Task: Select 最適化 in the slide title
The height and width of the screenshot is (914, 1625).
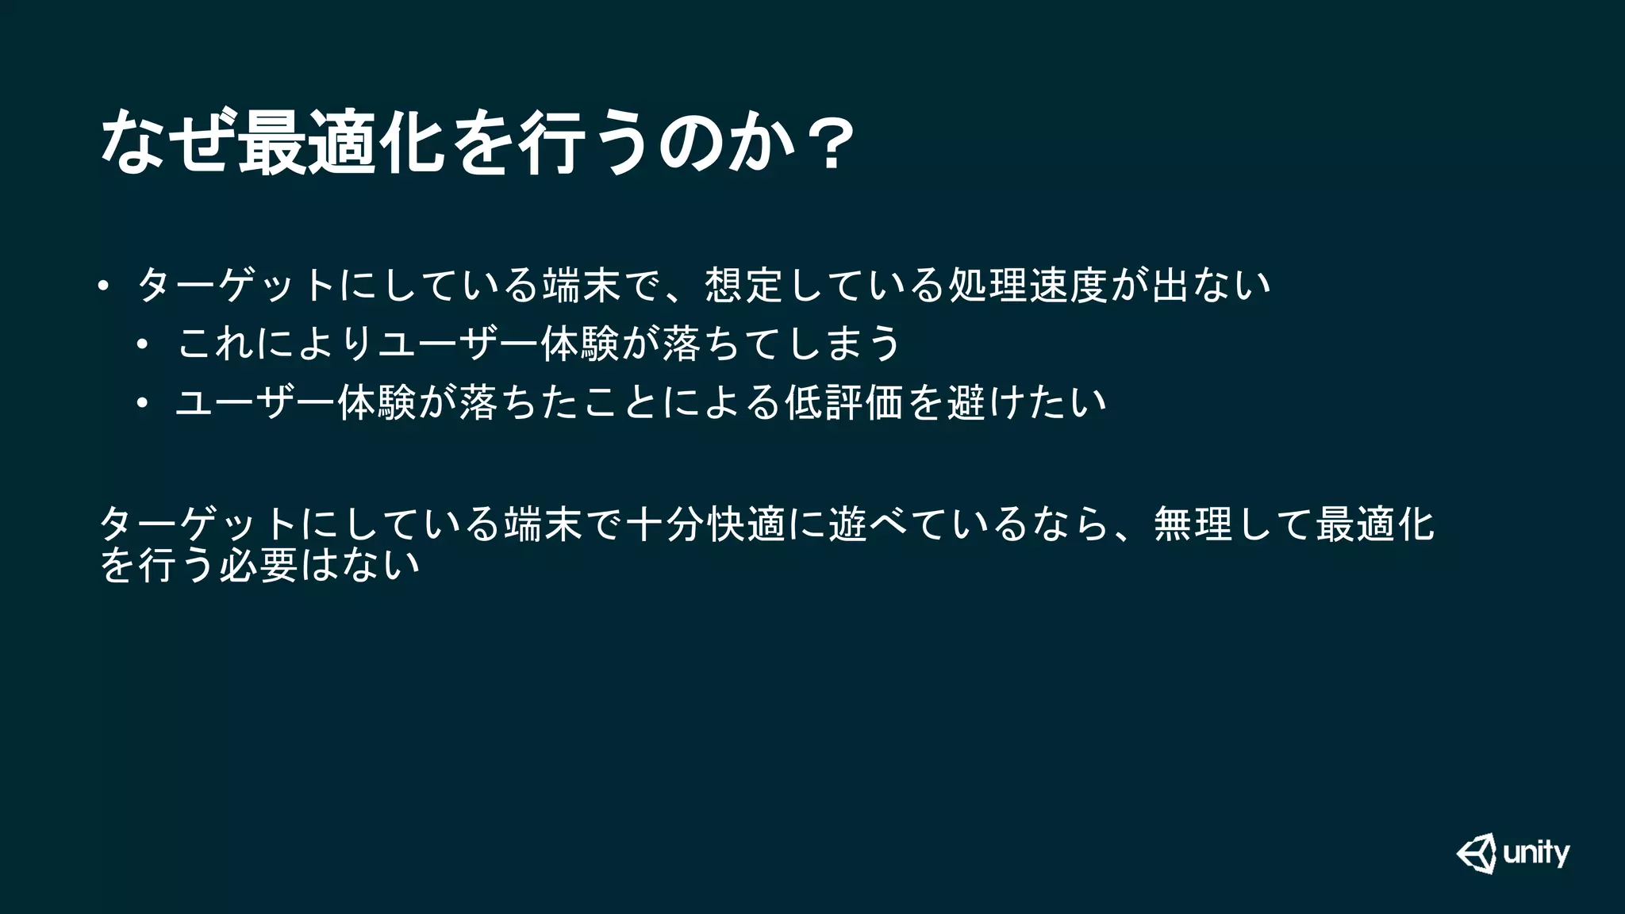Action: coord(340,143)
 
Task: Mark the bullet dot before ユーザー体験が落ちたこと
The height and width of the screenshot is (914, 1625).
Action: coord(142,404)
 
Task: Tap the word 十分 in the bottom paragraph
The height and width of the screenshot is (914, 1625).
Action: coord(666,524)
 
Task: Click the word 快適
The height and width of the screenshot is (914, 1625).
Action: coord(747,524)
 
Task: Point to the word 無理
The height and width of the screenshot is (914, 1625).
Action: coord(1193,524)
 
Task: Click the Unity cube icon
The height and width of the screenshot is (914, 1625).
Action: coord(1477,853)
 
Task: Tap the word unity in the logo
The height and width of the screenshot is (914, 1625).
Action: coord(1536,854)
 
